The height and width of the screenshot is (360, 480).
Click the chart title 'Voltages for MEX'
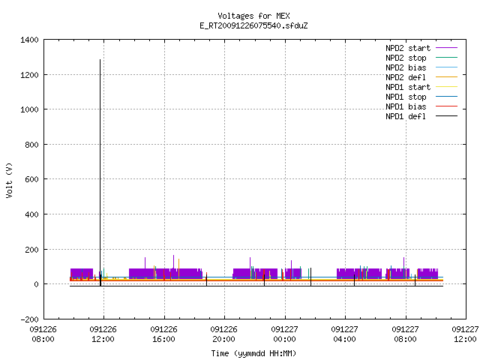(x=253, y=16)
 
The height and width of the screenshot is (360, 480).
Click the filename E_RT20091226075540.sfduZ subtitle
(x=253, y=25)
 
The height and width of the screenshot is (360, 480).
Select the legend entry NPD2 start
(x=421, y=48)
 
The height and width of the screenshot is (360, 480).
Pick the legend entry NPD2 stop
(x=421, y=58)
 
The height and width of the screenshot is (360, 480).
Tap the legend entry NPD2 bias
(x=421, y=67)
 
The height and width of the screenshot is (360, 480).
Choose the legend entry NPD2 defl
(x=421, y=77)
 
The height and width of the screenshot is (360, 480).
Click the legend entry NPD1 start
(x=421, y=87)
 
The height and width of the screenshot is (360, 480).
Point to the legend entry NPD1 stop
(x=421, y=97)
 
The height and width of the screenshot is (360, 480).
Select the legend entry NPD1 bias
(x=421, y=106)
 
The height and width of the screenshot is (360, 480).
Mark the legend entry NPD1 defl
(x=421, y=117)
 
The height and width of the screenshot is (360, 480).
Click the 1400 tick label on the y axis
(x=29, y=40)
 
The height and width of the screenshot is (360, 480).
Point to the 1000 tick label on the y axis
(x=29, y=109)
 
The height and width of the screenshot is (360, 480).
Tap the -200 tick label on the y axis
(x=29, y=319)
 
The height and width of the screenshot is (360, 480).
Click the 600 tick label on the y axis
(x=31, y=179)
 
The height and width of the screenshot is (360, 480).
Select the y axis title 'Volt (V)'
(x=10, y=180)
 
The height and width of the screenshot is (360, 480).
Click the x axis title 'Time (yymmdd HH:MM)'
(x=253, y=353)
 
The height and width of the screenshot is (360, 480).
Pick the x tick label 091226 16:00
(x=163, y=334)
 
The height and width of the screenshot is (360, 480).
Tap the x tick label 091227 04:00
(x=345, y=334)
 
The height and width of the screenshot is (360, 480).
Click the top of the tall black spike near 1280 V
(x=100, y=60)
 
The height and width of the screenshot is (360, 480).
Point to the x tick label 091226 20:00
(x=223, y=334)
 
